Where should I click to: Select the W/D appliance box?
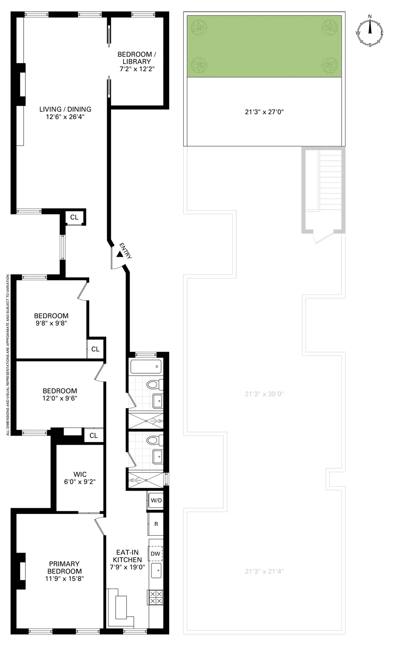(156, 501)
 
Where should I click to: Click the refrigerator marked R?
(156, 524)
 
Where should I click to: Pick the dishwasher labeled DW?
(155, 554)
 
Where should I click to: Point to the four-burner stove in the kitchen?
(155, 597)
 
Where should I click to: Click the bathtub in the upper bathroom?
(146, 367)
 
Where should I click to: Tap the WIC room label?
(80, 474)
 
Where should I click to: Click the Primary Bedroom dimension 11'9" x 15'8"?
(65, 579)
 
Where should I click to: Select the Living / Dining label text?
(65, 109)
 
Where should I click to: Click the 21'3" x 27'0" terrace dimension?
(264, 112)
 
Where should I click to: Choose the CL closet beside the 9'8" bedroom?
(95, 349)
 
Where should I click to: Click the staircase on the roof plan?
(331, 180)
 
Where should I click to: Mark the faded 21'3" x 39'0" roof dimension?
(264, 394)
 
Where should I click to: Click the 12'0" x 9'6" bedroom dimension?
(60, 398)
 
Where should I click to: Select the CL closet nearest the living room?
(74, 218)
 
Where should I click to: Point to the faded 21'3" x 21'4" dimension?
(264, 571)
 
